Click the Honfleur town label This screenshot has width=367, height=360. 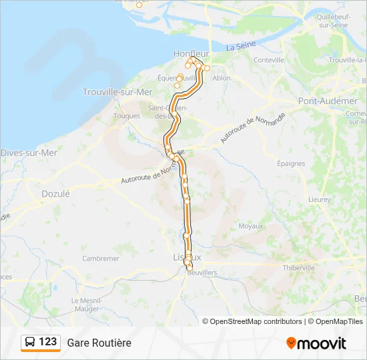click(x=191, y=53)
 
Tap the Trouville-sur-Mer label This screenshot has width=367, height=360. click(x=117, y=92)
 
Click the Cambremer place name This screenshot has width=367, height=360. click(x=101, y=258)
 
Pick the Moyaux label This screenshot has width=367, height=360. click(x=251, y=226)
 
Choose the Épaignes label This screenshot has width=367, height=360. click(x=291, y=163)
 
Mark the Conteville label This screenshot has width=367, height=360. click(x=269, y=60)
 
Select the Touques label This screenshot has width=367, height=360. click(x=127, y=115)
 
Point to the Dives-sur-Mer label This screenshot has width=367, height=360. click(x=29, y=153)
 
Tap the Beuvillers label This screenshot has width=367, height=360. click(x=202, y=273)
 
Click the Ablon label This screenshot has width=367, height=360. click(x=221, y=78)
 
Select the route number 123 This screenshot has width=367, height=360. click(x=47, y=342)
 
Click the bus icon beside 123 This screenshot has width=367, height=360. click(x=30, y=342)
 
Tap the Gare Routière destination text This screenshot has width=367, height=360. click(x=99, y=343)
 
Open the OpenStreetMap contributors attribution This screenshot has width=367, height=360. click(x=256, y=321)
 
